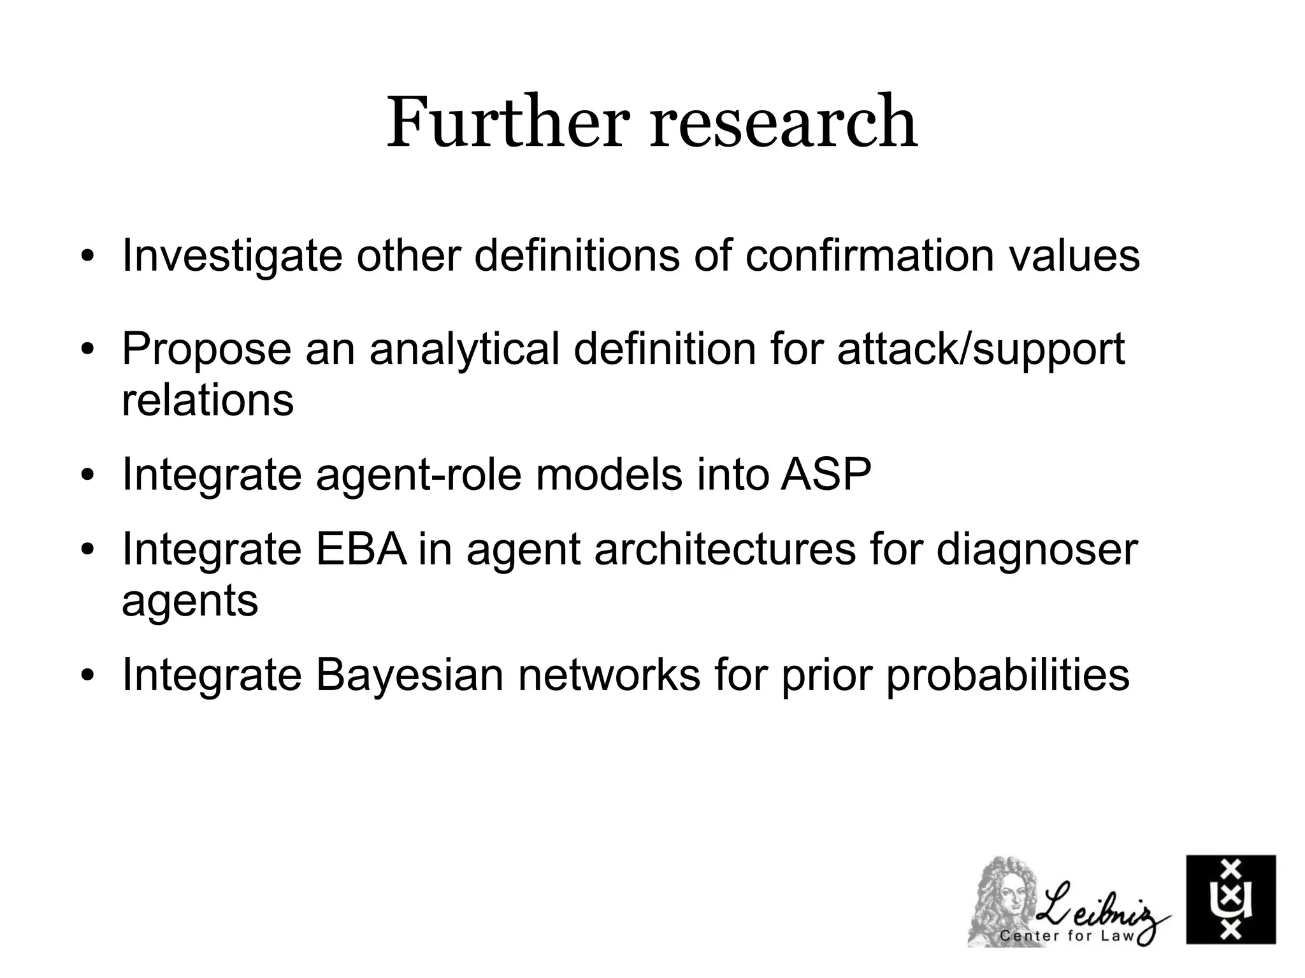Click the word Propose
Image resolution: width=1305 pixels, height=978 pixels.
[206, 349]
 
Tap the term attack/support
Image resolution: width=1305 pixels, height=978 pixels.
[981, 349]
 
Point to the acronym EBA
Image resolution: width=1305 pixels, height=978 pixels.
[361, 549]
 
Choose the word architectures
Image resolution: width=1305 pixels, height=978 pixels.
[725, 549]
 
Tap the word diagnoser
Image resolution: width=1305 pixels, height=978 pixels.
[1037, 549]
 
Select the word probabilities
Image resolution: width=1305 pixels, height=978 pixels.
[1007, 675]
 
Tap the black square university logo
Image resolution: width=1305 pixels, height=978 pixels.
[1230, 899]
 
